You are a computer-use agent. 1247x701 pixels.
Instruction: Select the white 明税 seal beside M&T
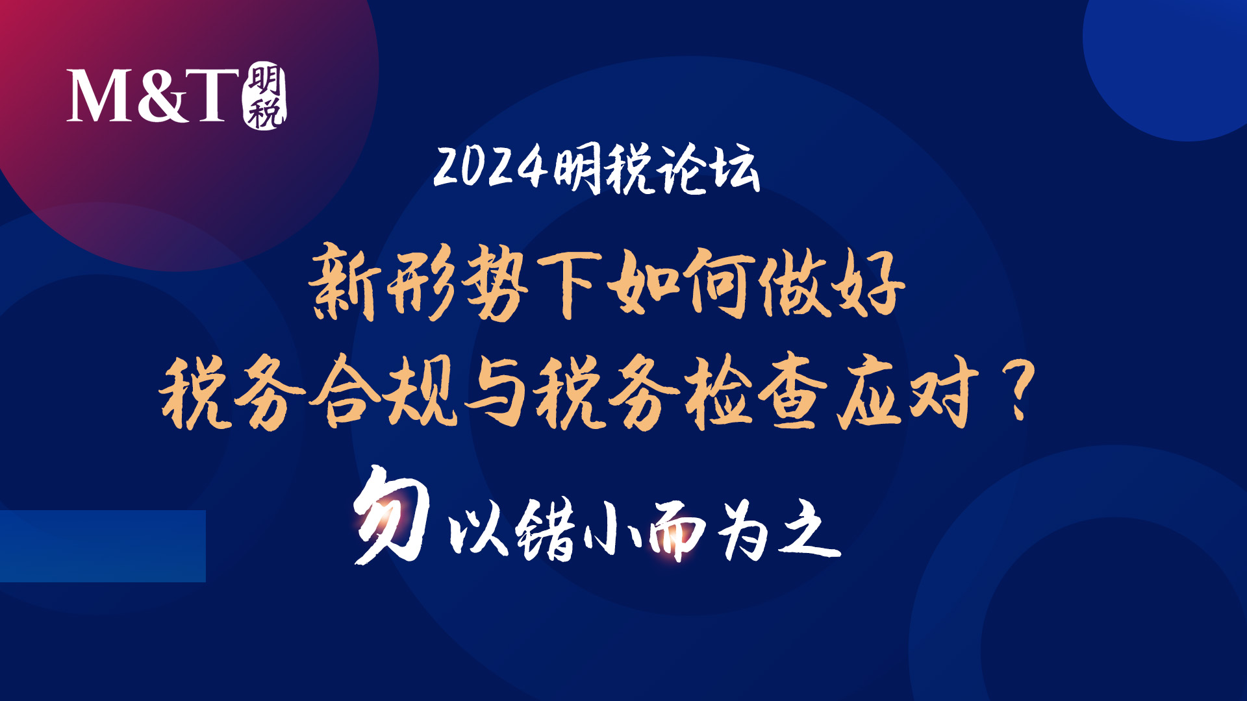265,95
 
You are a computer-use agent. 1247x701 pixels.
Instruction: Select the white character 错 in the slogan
546,528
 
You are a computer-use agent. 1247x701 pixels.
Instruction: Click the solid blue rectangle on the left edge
103,546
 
